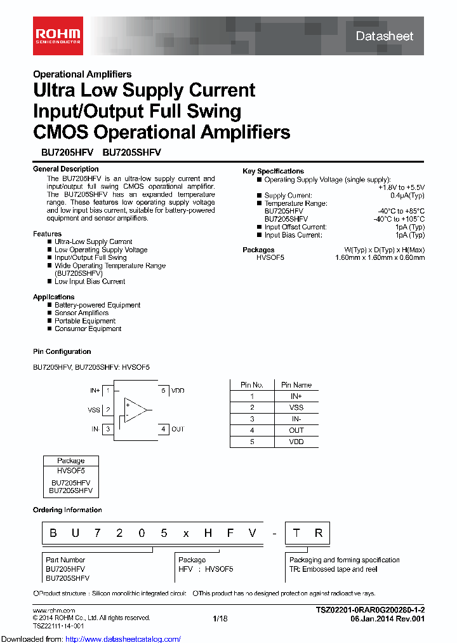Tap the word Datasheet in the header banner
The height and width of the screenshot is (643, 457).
384,36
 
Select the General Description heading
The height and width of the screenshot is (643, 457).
66,169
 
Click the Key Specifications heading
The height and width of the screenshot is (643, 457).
273,171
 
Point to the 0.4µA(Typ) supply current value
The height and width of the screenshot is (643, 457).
408,196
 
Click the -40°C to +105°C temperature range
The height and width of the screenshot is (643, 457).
399,219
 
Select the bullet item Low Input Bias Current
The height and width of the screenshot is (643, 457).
89,281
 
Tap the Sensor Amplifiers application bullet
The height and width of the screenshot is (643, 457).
81,313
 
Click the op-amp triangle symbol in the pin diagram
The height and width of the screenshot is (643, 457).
135,410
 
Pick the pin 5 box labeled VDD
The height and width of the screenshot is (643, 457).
163,391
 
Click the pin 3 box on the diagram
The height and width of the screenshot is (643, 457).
109,430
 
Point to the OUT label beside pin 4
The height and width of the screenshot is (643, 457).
178,430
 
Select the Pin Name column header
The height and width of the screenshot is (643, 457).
296,385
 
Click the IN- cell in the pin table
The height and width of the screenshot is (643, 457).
296,419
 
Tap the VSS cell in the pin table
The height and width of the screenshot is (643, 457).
296,407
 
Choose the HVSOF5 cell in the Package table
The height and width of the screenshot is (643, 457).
71,471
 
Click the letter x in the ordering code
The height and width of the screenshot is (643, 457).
185,533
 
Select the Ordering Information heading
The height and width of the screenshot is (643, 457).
67,510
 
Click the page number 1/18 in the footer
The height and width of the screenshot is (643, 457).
220,618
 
